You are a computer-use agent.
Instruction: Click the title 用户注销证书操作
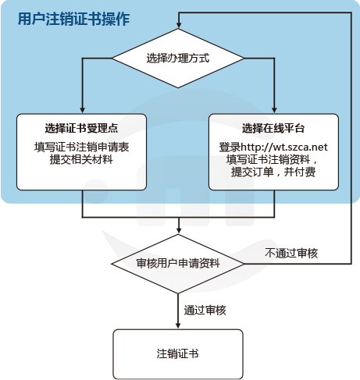73,19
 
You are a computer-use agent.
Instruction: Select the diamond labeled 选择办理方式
178,59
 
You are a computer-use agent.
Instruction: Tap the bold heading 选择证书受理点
81,128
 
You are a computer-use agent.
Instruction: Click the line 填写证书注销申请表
82,147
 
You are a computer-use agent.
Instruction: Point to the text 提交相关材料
81,159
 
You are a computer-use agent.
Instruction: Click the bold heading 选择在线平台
273,128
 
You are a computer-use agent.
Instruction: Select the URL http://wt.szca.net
284,147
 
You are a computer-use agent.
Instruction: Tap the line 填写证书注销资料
268,159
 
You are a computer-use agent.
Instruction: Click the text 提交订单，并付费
273,172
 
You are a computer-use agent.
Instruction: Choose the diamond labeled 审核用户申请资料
178,264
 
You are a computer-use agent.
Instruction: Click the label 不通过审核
291,253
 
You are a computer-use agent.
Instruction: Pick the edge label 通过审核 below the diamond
205,310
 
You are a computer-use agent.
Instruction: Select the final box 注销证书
178,354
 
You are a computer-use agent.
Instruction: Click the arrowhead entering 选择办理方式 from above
179,24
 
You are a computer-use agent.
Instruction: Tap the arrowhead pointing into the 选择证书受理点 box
83,109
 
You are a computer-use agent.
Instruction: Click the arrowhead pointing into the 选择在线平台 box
274,109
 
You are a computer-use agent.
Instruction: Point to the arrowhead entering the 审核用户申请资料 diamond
179,230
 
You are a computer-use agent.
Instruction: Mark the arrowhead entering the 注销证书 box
178,325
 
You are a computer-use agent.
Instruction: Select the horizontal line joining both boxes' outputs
178,217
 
